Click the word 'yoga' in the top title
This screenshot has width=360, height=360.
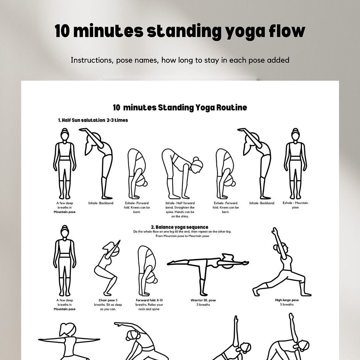pos(241,32)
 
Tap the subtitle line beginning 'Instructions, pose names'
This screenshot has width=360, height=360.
pos(180,60)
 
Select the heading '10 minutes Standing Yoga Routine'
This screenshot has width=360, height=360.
pos(180,108)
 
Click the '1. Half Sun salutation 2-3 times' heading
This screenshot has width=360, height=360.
pos(93,120)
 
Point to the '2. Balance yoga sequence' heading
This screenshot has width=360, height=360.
pos(180,227)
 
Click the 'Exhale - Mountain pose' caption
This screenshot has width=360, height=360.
pos(295,205)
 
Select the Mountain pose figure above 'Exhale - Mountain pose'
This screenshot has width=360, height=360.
pos(295,163)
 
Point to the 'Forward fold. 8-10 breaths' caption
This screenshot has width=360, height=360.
pos(149,305)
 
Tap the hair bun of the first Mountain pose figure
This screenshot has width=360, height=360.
pos(65,130)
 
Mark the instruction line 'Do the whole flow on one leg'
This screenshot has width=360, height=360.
pos(182,232)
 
